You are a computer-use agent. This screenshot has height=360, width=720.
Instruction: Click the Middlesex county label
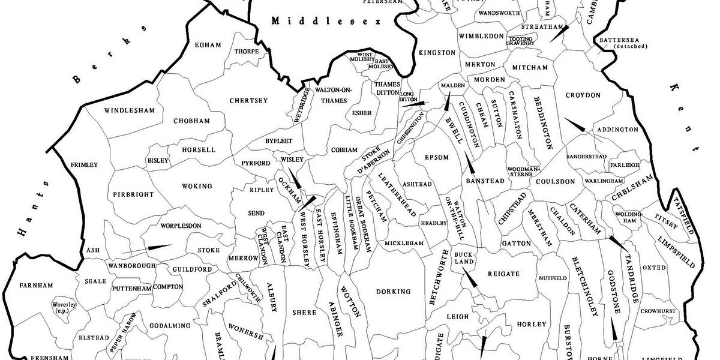327,21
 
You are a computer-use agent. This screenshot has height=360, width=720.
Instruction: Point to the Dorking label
393,292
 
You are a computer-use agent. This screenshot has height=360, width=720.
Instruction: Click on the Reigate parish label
503,274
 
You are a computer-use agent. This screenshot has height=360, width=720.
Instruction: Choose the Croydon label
583,95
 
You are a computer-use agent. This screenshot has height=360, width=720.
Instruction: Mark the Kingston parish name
437,53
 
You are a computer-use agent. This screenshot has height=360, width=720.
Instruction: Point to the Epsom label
436,157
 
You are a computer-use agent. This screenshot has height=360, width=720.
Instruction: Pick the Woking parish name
197,187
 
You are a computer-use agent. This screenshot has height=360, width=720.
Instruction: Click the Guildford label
192,269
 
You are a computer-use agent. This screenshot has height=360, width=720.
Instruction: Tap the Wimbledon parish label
481,36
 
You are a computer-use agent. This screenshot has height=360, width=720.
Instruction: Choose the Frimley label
84,164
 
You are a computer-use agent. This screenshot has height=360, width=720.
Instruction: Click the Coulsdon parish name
556,181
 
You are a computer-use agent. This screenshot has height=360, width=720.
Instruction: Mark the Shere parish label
300,313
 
